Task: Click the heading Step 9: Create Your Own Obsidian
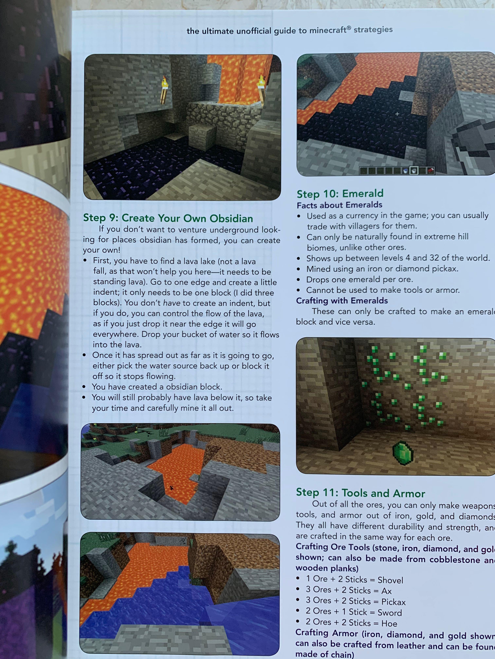168,218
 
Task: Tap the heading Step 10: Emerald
340,194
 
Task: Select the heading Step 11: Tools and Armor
360,493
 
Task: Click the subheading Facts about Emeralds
339,205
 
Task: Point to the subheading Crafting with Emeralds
342,301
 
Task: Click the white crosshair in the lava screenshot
397,114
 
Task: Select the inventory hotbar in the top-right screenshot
397,170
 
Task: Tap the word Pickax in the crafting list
393,602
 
